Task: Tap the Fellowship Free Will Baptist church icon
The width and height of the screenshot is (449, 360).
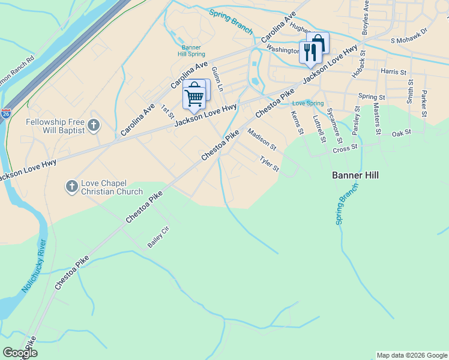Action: [93, 125]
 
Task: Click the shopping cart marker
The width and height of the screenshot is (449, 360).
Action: [194, 97]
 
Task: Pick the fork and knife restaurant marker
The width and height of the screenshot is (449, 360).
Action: [310, 52]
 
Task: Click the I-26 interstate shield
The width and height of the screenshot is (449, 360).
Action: [6, 112]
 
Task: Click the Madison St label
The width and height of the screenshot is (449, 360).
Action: [262, 141]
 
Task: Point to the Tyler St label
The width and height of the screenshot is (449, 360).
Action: [269, 164]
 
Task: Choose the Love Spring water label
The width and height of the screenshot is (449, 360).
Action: [307, 103]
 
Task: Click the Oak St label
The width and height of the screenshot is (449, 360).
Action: [401, 133]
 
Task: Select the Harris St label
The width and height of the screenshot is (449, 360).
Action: [393, 71]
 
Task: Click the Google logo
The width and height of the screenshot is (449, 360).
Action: [19, 353]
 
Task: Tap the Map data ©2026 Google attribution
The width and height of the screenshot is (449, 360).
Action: [412, 355]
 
